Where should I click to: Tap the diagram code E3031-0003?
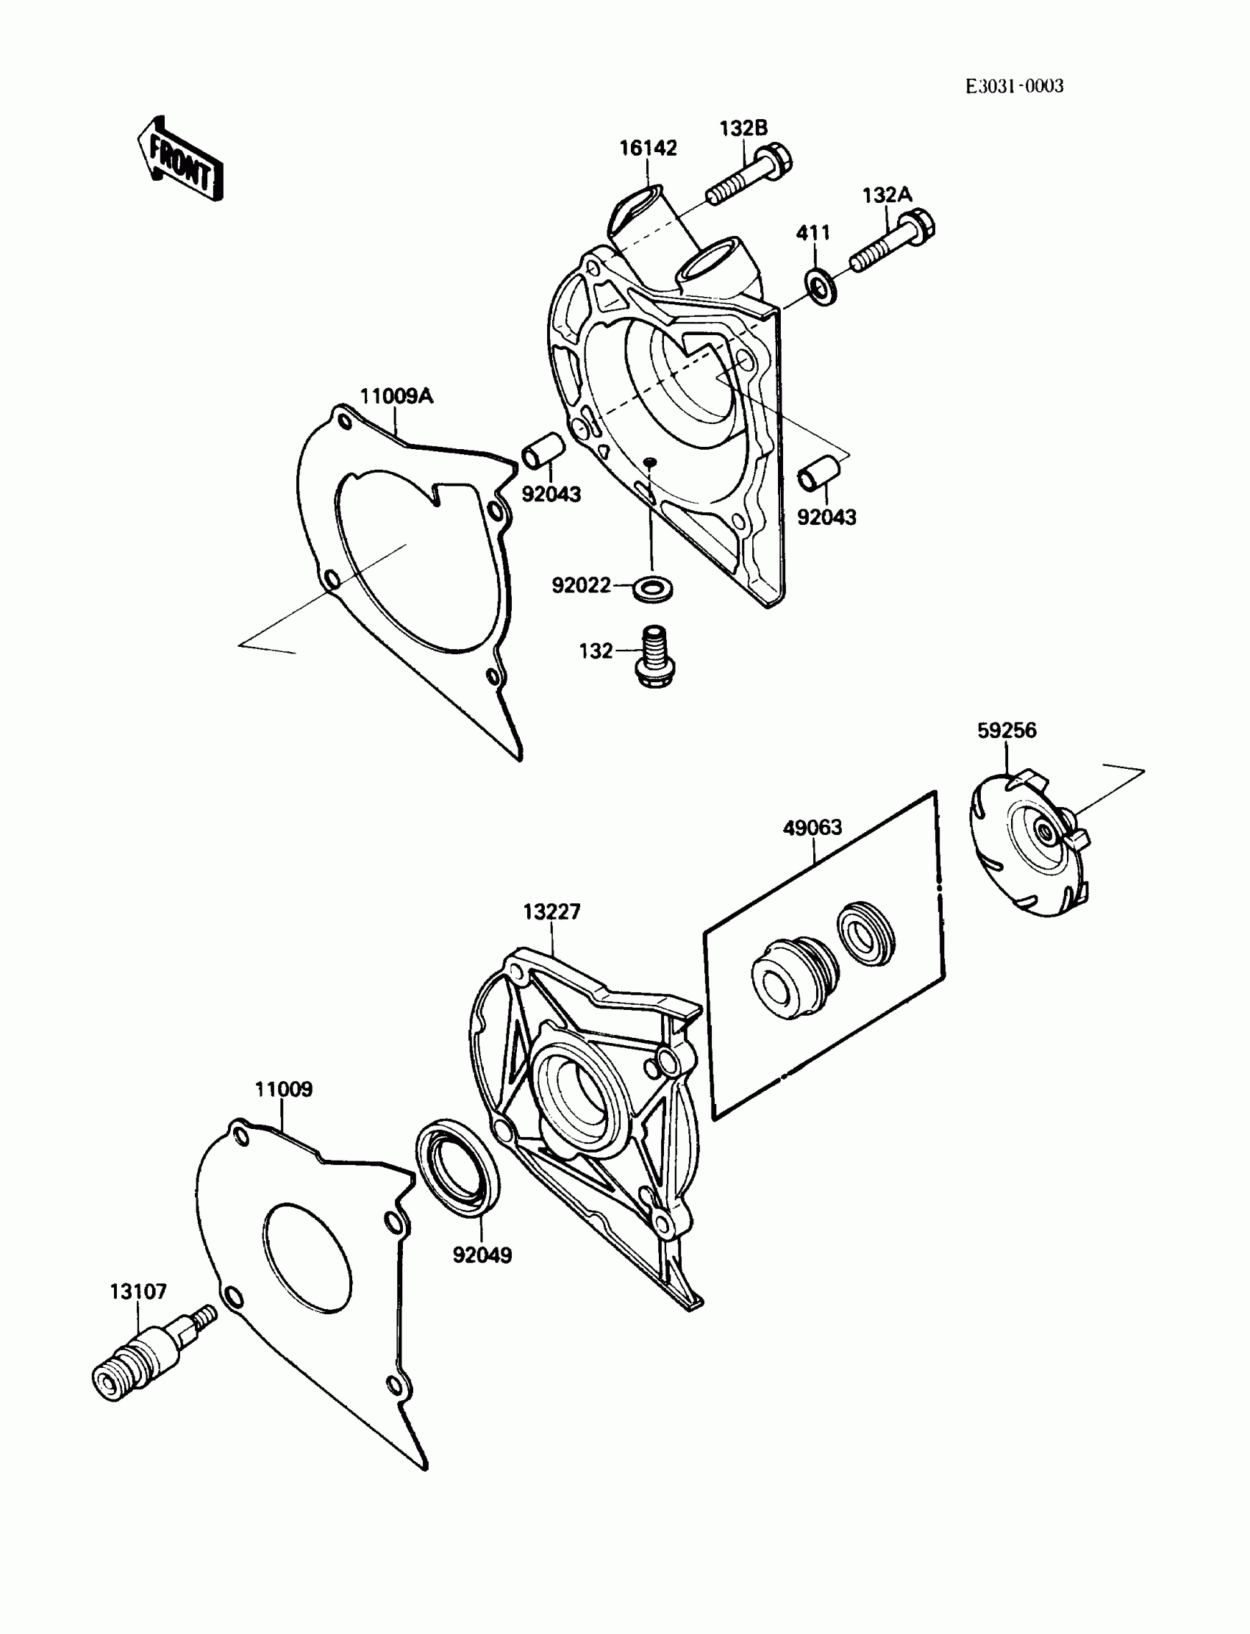coord(1014,86)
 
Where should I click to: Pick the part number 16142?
coord(648,148)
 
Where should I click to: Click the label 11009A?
coord(396,395)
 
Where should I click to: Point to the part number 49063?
coord(812,827)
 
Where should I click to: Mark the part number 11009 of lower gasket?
coord(284,1089)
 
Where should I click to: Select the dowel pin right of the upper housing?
coord(818,474)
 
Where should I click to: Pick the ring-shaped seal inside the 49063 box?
coord(865,934)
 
